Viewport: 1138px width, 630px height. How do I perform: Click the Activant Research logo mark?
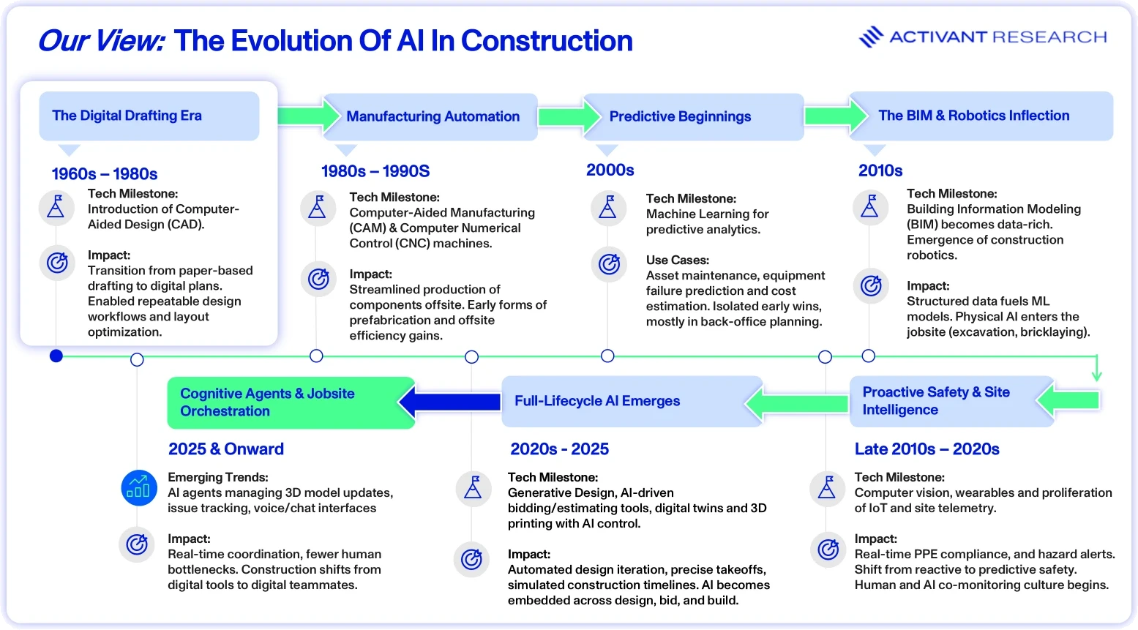[871, 37]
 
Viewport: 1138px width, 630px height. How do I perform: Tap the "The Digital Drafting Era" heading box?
[149, 116]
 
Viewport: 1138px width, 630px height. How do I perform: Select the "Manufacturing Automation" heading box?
[430, 116]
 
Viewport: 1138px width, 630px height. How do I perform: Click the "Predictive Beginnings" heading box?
[694, 116]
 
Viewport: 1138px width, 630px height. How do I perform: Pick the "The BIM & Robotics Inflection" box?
[981, 116]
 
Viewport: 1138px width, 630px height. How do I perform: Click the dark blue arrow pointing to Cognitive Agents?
[449, 402]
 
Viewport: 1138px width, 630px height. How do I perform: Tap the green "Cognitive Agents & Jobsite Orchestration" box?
[291, 402]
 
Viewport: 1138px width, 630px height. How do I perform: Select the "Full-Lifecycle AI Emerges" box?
[632, 402]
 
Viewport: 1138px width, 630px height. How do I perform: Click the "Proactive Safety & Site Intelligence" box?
[951, 402]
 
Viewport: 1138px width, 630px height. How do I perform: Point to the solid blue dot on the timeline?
[56, 356]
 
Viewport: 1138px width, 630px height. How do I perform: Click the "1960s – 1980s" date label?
[104, 173]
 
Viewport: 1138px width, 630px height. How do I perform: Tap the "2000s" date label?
[610, 170]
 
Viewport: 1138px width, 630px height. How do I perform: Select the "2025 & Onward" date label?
[225, 449]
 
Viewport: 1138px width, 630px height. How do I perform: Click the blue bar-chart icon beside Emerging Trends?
[139, 488]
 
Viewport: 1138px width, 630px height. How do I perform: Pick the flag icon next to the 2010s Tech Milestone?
[870, 207]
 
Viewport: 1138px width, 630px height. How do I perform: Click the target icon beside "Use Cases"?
[609, 264]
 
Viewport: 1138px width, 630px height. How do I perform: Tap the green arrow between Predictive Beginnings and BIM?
[836, 116]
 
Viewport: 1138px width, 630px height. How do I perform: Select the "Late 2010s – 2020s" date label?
[927, 449]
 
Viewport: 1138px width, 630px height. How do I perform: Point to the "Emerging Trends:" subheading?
[218, 477]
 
